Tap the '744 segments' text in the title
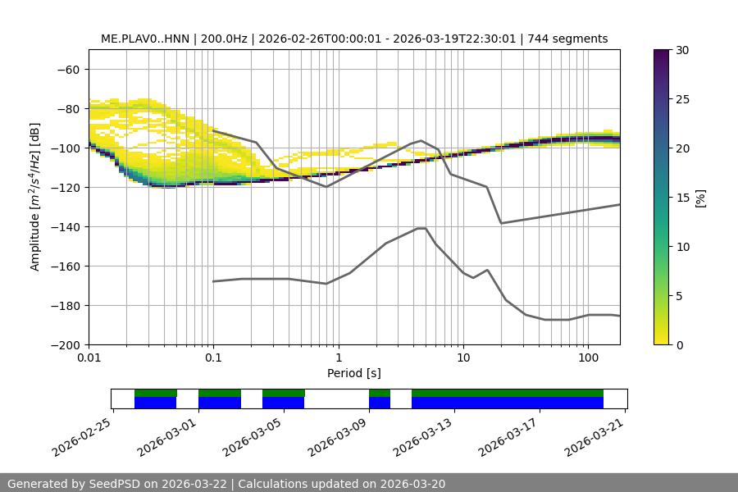(x=567, y=39)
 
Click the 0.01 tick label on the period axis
(x=89, y=358)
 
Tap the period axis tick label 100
(x=587, y=358)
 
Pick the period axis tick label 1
(x=338, y=358)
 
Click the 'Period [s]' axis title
(x=353, y=373)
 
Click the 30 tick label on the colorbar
(x=682, y=50)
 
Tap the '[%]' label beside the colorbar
(x=700, y=198)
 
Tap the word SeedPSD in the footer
(x=114, y=484)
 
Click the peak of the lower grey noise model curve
(x=421, y=228)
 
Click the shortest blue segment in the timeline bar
(x=380, y=403)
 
